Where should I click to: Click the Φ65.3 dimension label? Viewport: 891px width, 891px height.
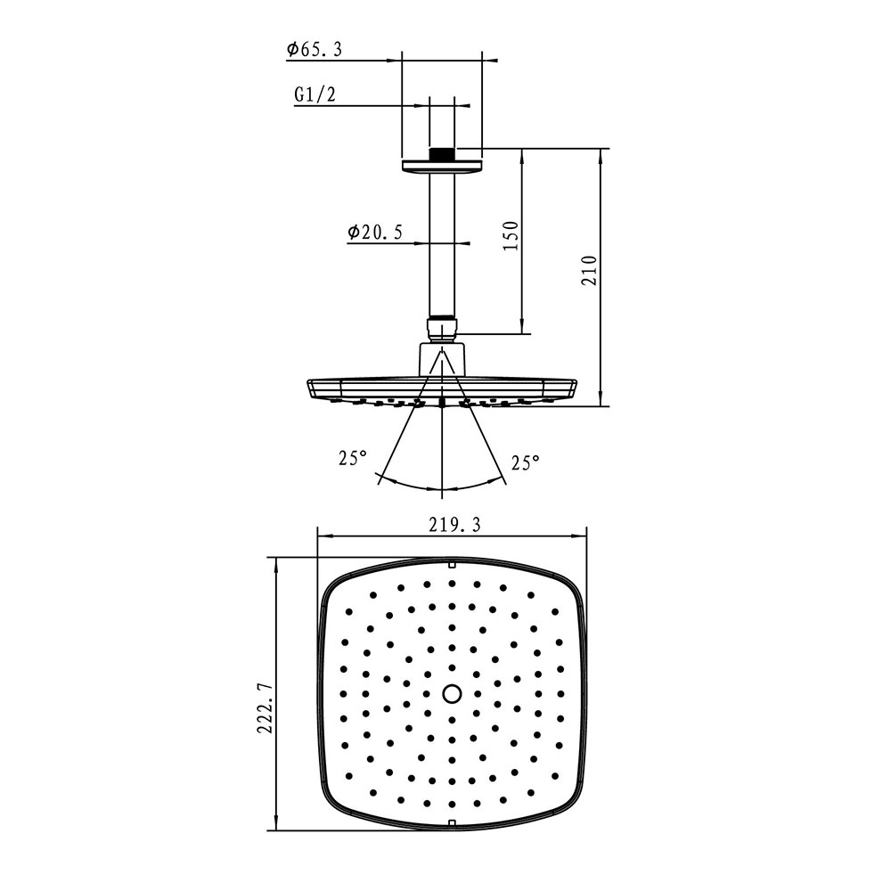point(315,49)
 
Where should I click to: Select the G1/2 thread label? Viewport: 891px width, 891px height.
point(315,94)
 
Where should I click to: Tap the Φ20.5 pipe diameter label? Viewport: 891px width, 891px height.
point(375,232)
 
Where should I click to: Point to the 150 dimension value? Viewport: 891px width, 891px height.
point(511,235)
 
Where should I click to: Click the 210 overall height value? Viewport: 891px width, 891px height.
point(590,271)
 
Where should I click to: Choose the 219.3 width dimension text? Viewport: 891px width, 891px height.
point(454,525)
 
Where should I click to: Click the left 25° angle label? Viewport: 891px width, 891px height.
point(352,458)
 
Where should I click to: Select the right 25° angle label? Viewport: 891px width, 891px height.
point(525,462)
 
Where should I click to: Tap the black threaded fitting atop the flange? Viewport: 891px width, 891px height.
point(442,154)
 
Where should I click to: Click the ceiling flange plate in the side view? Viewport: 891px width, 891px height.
point(442,166)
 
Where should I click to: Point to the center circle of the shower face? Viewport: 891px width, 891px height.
point(452,694)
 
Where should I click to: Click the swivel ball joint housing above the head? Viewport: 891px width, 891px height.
point(442,360)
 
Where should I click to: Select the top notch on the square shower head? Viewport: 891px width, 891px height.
point(452,564)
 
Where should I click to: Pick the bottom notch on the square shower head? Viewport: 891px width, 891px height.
point(452,823)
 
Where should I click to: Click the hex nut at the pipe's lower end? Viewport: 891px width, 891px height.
point(442,329)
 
